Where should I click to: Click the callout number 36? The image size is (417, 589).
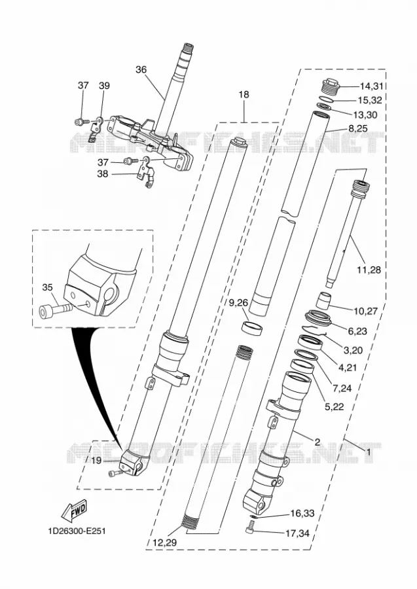pyautogui.click(x=141, y=69)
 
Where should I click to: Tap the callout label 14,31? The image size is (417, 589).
pyautogui.click(x=372, y=86)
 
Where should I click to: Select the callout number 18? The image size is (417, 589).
pyautogui.click(x=244, y=94)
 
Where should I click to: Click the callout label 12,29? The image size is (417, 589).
pyautogui.click(x=165, y=543)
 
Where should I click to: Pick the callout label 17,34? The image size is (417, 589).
pyautogui.click(x=298, y=533)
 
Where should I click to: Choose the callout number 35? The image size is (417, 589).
pyautogui.click(x=47, y=287)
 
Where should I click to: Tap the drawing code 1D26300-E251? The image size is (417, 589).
pyautogui.click(x=77, y=531)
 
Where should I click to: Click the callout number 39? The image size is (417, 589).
pyautogui.click(x=105, y=86)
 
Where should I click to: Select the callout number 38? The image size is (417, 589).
pyautogui.click(x=103, y=174)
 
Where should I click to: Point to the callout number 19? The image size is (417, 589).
pyautogui.click(x=96, y=461)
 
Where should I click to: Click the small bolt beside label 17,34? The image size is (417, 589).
pyautogui.click(x=251, y=529)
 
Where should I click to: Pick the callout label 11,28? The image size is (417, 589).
pyautogui.click(x=369, y=270)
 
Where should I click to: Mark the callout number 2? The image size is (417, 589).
pyautogui.click(x=317, y=442)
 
